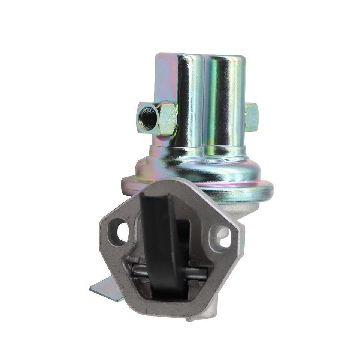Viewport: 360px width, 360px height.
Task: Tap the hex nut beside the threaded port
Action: click(168, 119)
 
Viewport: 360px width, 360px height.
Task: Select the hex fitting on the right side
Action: click(252, 117)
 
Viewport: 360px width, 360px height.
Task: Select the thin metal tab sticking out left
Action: click(107, 289)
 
